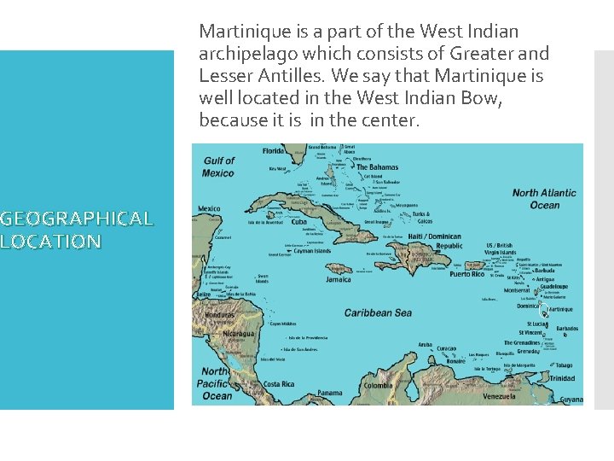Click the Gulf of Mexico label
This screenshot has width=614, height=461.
219,166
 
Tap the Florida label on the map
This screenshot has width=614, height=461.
274,152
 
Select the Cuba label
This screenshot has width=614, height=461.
298,222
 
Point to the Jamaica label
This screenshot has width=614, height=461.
339,278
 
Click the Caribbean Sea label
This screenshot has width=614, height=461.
378,313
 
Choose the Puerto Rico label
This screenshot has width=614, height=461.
466,274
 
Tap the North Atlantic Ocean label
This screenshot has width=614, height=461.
544,199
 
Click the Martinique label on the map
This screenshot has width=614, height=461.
560,309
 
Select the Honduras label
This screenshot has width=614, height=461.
219,314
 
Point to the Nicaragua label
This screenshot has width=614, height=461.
238,334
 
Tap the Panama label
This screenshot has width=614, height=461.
329,394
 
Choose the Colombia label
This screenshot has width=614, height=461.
378,386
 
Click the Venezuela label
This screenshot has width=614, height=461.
499,396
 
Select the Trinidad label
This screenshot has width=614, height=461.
562,378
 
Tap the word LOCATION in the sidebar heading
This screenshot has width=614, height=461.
51,242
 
